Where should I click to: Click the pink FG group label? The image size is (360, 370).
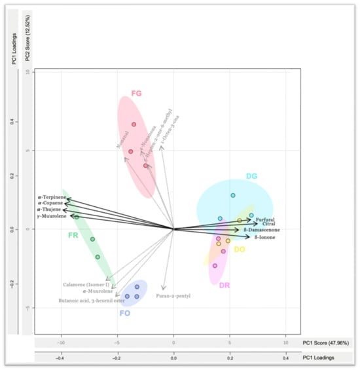(x=136, y=94)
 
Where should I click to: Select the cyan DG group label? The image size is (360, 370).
(x=251, y=176)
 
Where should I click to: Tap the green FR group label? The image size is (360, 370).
(x=73, y=234)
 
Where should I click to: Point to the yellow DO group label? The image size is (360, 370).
(x=240, y=250)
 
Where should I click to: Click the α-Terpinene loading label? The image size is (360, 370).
(x=51, y=197)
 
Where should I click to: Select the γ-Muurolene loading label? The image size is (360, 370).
(x=50, y=215)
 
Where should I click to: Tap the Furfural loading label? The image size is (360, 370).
(x=264, y=219)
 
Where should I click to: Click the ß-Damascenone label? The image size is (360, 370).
(x=262, y=230)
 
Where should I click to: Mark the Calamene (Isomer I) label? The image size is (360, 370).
(x=86, y=284)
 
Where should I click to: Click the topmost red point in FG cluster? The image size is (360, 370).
(x=134, y=124)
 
